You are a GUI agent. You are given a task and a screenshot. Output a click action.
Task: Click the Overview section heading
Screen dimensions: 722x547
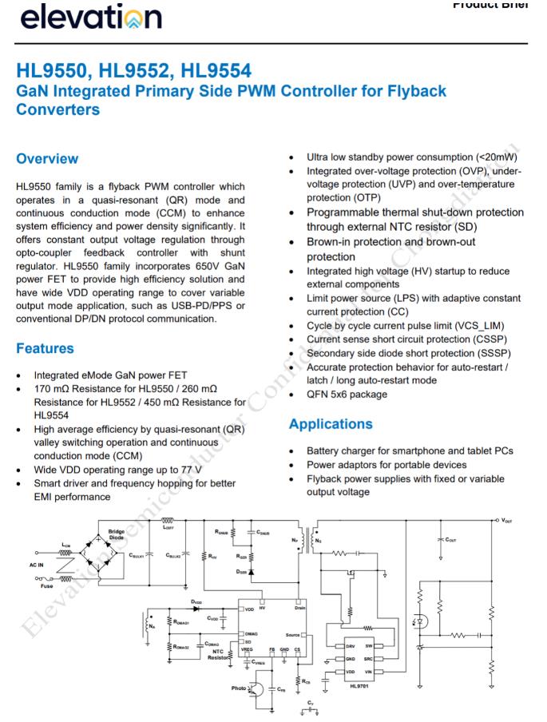(x=47, y=158)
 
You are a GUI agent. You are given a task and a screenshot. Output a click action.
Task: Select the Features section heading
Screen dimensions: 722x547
(x=45, y=348)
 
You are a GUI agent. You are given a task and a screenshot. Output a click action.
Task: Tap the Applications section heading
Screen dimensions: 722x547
(x=331, y=424)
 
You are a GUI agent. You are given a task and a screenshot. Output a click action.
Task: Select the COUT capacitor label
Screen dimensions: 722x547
(x=451, y=539)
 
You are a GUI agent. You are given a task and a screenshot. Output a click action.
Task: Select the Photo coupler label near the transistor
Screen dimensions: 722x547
(x=239, y=688)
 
